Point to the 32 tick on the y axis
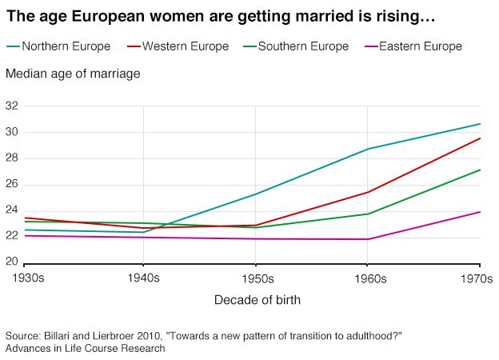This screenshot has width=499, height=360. pos(11,106)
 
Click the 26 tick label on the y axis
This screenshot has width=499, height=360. pos(11,184)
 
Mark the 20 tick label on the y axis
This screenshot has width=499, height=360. pos(11,262)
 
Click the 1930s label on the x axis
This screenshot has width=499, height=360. pos(24,279)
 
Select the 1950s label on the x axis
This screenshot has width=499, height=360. pos(256,279)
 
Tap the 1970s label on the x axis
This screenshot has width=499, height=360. pos(479,279)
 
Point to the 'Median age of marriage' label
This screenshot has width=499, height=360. pos(73,74)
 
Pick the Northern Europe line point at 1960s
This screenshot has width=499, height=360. pos(368,149)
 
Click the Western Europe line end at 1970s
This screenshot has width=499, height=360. pos(480,138)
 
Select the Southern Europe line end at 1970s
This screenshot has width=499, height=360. pos(480,170)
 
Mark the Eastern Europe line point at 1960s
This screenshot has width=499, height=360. pos(368,239)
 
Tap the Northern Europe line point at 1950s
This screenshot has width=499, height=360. pos(256,194)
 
